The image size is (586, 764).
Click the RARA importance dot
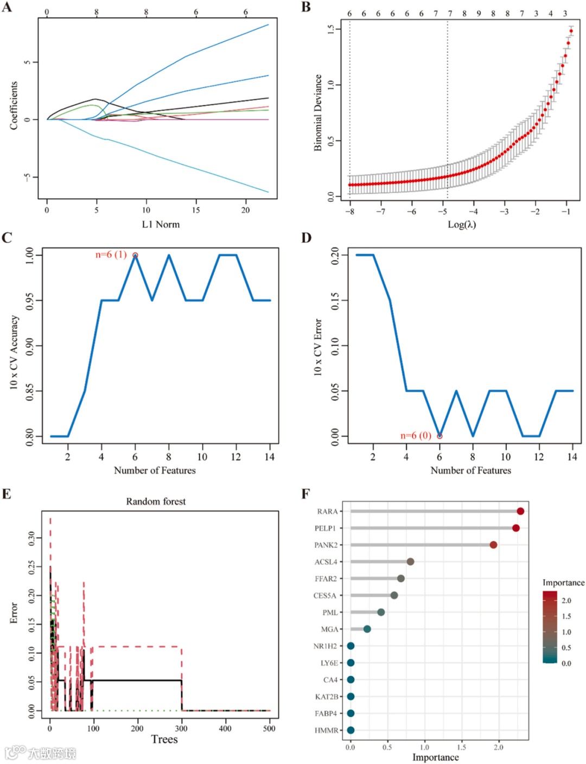[x=520, y=511]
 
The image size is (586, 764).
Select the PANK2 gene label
[x=326, y=545]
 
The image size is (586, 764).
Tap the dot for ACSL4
[x=410, y=562]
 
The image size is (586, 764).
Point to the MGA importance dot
[x=367, y=629]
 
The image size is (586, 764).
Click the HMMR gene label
[x=326, y=730]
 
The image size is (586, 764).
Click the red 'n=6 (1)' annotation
[x=111, y=254]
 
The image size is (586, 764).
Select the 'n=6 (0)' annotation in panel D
[x=416, y=435]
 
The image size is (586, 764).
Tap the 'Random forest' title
[x=156, y=501]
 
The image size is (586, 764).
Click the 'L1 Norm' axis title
[x=161, y=224]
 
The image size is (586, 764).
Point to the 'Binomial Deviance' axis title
[x=318, y=112]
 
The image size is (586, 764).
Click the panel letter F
[x=306, y=494]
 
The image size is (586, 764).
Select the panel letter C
[x=7, y=238]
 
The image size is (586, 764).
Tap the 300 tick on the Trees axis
[x=181, y=728]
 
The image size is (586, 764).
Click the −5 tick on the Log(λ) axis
[x=443, y=211]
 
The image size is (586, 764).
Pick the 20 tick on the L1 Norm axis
[x=245, y=210]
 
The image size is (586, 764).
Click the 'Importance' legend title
[x=563, y=582]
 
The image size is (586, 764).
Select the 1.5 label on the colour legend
[x=566, y=616]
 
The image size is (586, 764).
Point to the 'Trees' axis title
[x=164, y=740]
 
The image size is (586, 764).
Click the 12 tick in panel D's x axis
[x=539, y=457]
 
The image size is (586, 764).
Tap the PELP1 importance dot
[x=515, y=528]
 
